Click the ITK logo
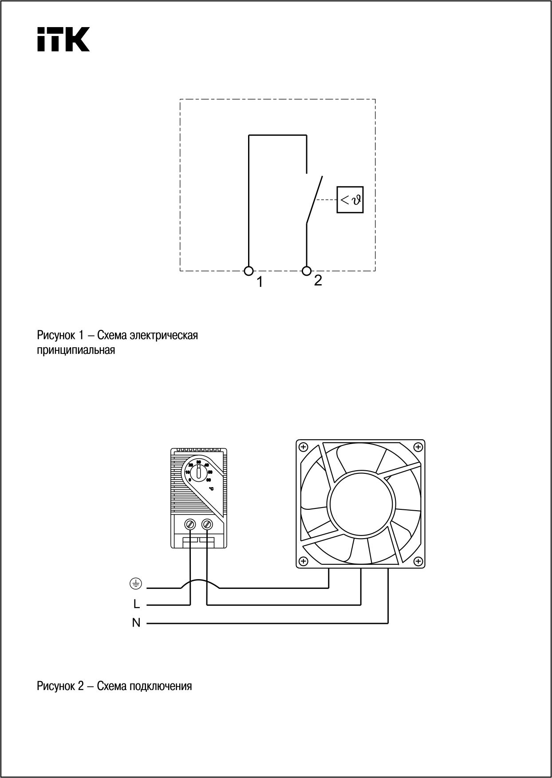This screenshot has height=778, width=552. pyautogui.click(x=63, y=39)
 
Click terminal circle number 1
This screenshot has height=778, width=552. pyautogui.click(x=249, y=270)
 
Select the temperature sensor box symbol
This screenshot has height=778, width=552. pyautogui.click(x=350, y=200)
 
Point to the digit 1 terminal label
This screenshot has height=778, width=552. pyautogui.click(x=260, y=282)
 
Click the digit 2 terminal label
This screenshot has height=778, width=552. pyautogui.click(x=318, y=281)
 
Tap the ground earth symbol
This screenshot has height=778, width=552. pyautogui.click(x=136, y=584)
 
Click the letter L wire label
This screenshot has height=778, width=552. pyautogui.click(x=136, y=604)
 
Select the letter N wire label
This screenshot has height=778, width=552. pyautogui.click(x=136, y=623)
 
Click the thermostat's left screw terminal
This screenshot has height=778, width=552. pyautogui.click(x=190, y=524)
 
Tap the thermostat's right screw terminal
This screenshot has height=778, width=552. pyautogui.click(x=207, y=524)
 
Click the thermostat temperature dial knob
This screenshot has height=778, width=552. pyautogui.click(x=198, y=473)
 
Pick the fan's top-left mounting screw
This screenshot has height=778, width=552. pyautogui.click(x=304, y=447)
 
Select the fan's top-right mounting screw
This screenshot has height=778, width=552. pyautogui.click(x=417, y=447)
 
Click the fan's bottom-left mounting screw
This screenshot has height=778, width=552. pyautogui.click(x=304, y=561)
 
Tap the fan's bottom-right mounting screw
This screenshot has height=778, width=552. pyautogui.click(x=417, y=561)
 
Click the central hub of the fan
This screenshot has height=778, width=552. pyautogui.click(x=360, y=504)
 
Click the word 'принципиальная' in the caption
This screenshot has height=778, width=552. pyautogui.click(x=76, y=350)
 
